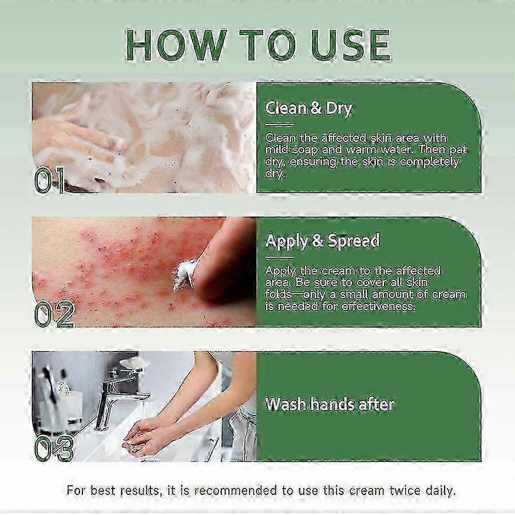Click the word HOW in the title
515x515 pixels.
[176, 45]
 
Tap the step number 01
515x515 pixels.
[50, 180]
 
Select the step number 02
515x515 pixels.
[54, 314]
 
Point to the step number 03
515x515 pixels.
[54, 448]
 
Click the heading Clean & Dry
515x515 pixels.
[308, 108]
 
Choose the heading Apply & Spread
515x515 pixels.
[322, 241]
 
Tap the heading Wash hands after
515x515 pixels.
[330, 404]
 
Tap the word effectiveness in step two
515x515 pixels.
[379, 307]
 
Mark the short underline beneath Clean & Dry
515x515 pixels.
[279, 125]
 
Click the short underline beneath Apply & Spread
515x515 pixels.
[279, 257]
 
